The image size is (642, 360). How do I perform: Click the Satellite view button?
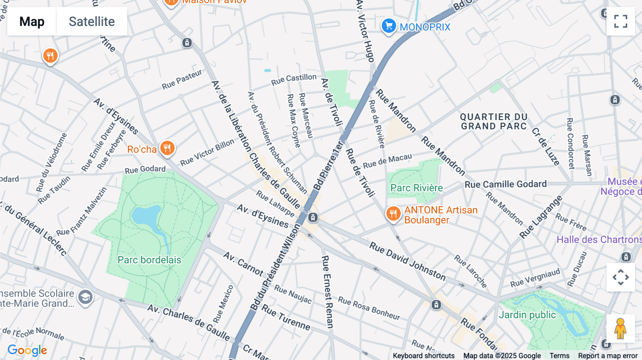click(92, 21)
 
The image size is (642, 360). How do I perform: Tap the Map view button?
click(32, 21)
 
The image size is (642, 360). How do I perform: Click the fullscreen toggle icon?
click(621, 21)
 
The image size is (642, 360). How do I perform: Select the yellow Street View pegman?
click(620, 329)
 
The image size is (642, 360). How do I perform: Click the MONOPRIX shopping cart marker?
click(389, 26)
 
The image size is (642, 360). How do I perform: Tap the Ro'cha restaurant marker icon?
click(167, 148)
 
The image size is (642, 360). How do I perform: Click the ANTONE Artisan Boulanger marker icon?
click(393, 214)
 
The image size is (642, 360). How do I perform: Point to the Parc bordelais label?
click(149, 260)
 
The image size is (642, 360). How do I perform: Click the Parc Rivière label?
click(416, 188)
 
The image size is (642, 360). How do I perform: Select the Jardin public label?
click(527, 315)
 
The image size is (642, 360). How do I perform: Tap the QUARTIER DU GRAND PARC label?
click(494, 122)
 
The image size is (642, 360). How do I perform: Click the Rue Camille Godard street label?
click(505, 184)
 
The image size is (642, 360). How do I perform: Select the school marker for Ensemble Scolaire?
click(85, 297)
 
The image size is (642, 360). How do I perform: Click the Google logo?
click(27, 350)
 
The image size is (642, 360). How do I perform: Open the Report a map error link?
click(607, 356)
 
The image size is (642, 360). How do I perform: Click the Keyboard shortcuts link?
click(423, 356)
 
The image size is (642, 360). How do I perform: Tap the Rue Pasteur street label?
click(182, 79)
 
